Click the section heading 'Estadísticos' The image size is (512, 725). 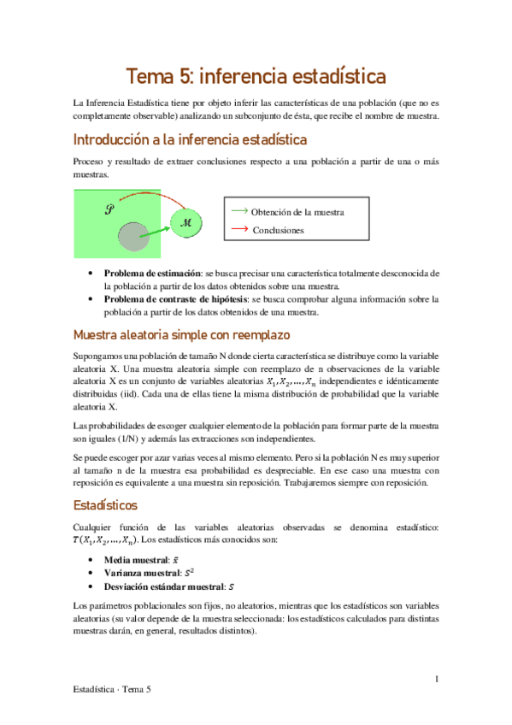point(106,505)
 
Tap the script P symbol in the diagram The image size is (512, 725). point(109,208)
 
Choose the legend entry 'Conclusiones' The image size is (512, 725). point(278,230)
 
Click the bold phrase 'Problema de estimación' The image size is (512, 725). point(152,274)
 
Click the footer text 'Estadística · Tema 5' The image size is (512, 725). point(113,687)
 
